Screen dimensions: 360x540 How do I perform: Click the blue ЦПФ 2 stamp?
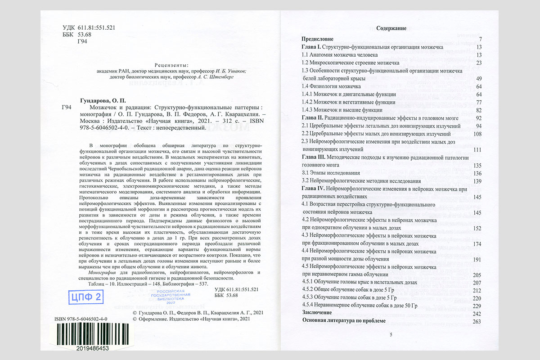(x=85, y=297)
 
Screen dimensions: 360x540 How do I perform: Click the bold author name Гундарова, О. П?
(x=101, y=101)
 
